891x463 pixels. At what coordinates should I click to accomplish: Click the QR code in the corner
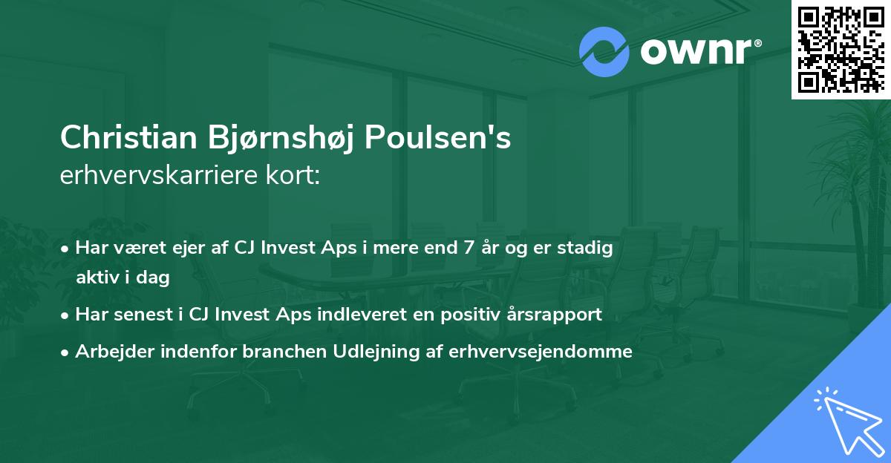click(x=841, y=49)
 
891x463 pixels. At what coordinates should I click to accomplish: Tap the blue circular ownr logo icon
click(x=604, y=52)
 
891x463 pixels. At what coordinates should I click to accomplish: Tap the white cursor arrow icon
click(x=847, y=420)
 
